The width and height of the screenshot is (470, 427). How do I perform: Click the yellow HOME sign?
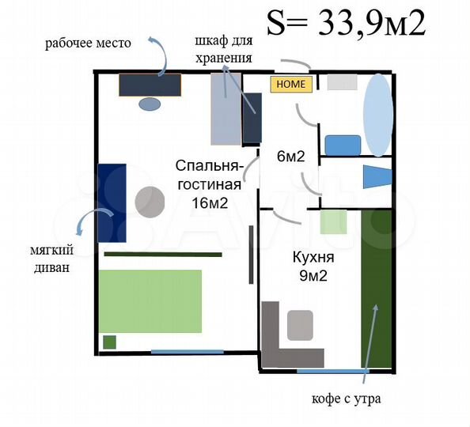[291, 85]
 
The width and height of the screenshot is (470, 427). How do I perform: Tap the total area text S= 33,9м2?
[346, 23]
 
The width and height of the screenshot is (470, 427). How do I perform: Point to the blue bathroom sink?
[343, 145]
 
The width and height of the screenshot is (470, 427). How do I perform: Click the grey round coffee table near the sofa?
[149, 202]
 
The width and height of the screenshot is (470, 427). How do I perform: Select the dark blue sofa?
[112, 202]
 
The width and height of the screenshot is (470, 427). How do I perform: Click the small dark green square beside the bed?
[110, 342]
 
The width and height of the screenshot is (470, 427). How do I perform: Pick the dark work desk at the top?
[150, 85]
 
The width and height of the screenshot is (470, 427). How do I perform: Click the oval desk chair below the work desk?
[150, 104]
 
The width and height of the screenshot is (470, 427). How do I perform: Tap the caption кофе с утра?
[347, 399]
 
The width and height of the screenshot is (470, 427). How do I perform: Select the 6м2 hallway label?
[290, 157]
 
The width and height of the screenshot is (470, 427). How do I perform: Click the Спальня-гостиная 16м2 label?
[208, 184]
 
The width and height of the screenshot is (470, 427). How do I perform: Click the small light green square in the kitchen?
[333, 222]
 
